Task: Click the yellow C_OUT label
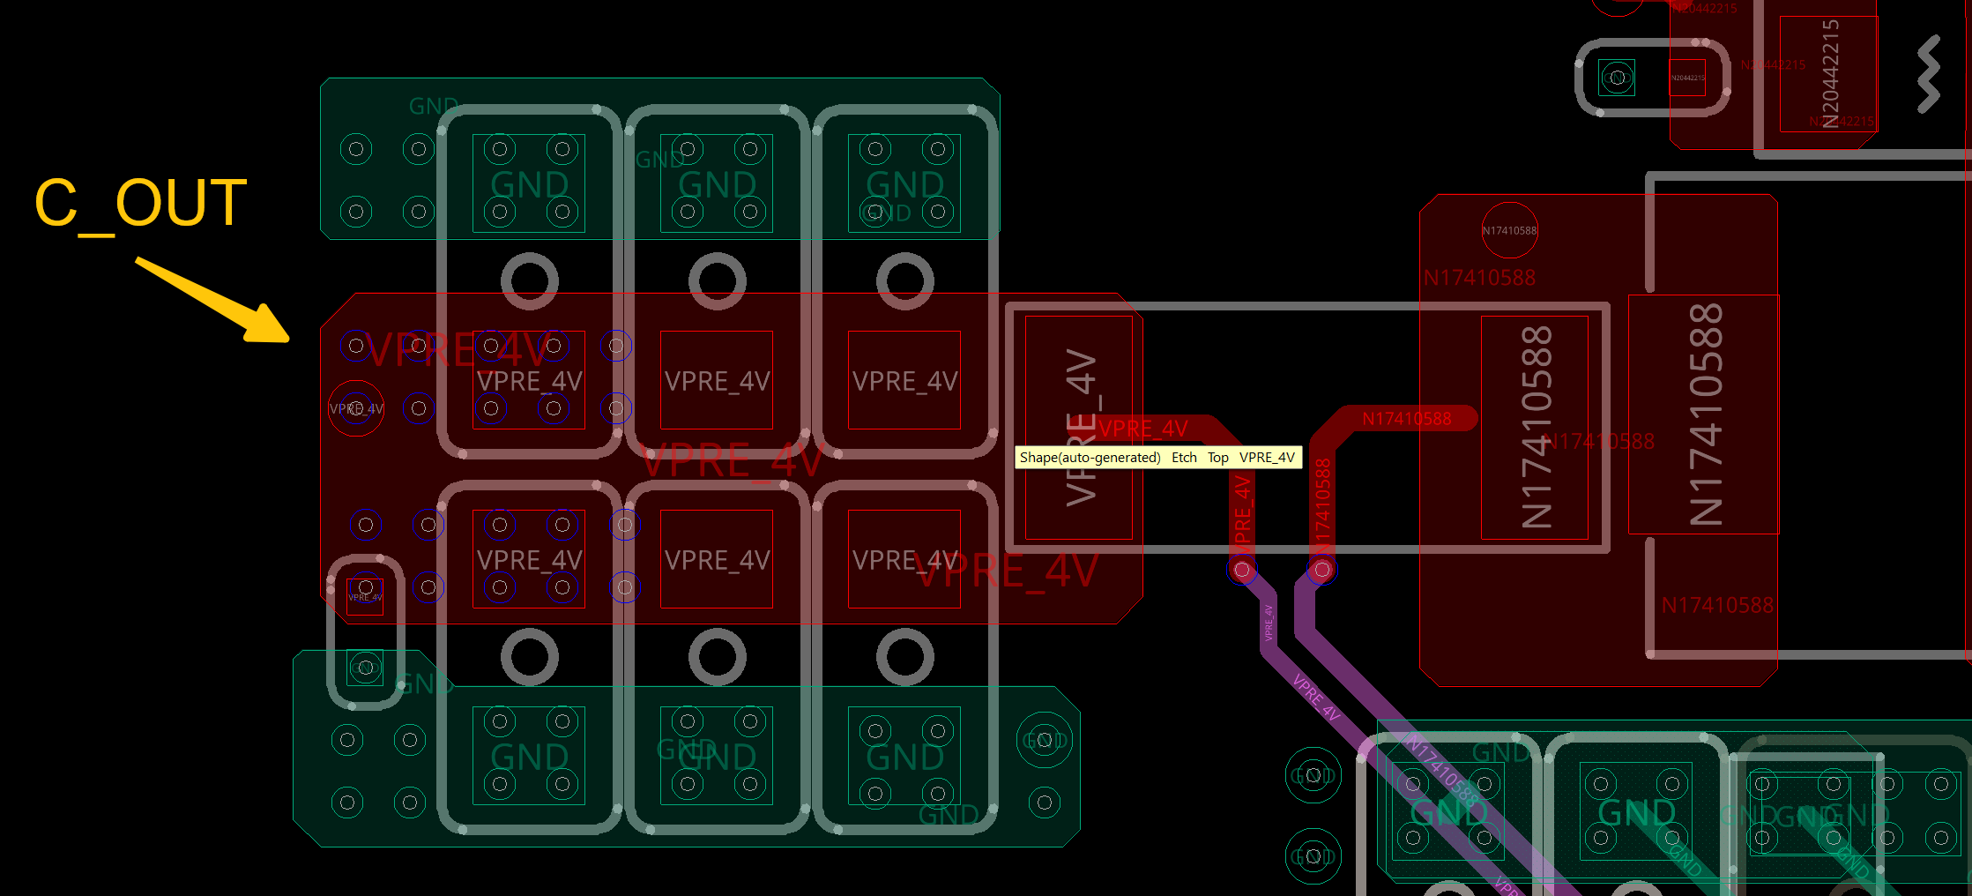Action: click(x=141, y=204)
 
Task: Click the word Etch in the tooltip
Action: click(x=1184, y=458)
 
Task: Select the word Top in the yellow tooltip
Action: click(x=1217, y=458)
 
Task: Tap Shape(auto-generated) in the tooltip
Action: click(x=1090, y=458)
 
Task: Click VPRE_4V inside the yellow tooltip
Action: click(x=1267, y=458)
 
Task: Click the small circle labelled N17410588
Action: click(x=1509, y=231)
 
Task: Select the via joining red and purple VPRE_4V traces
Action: click(x=1242, y=570)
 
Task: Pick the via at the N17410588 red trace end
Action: click(x=1321, y=570)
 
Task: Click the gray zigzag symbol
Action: click(x=1929, y=74)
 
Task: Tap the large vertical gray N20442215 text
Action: click(x=1830, y=74)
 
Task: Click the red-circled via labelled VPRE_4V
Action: click(x=355, y=408)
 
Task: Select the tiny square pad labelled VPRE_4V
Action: click(x=365, y=595)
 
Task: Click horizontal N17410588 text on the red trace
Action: click(x=1406, y=419)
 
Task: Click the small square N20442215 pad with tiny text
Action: click(x=1687, y=78)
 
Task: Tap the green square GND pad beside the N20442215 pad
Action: click(x=1617, y=78)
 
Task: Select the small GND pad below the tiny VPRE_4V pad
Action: click(x=365, y=668)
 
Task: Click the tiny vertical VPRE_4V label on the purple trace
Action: click(x=1269, y=623)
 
